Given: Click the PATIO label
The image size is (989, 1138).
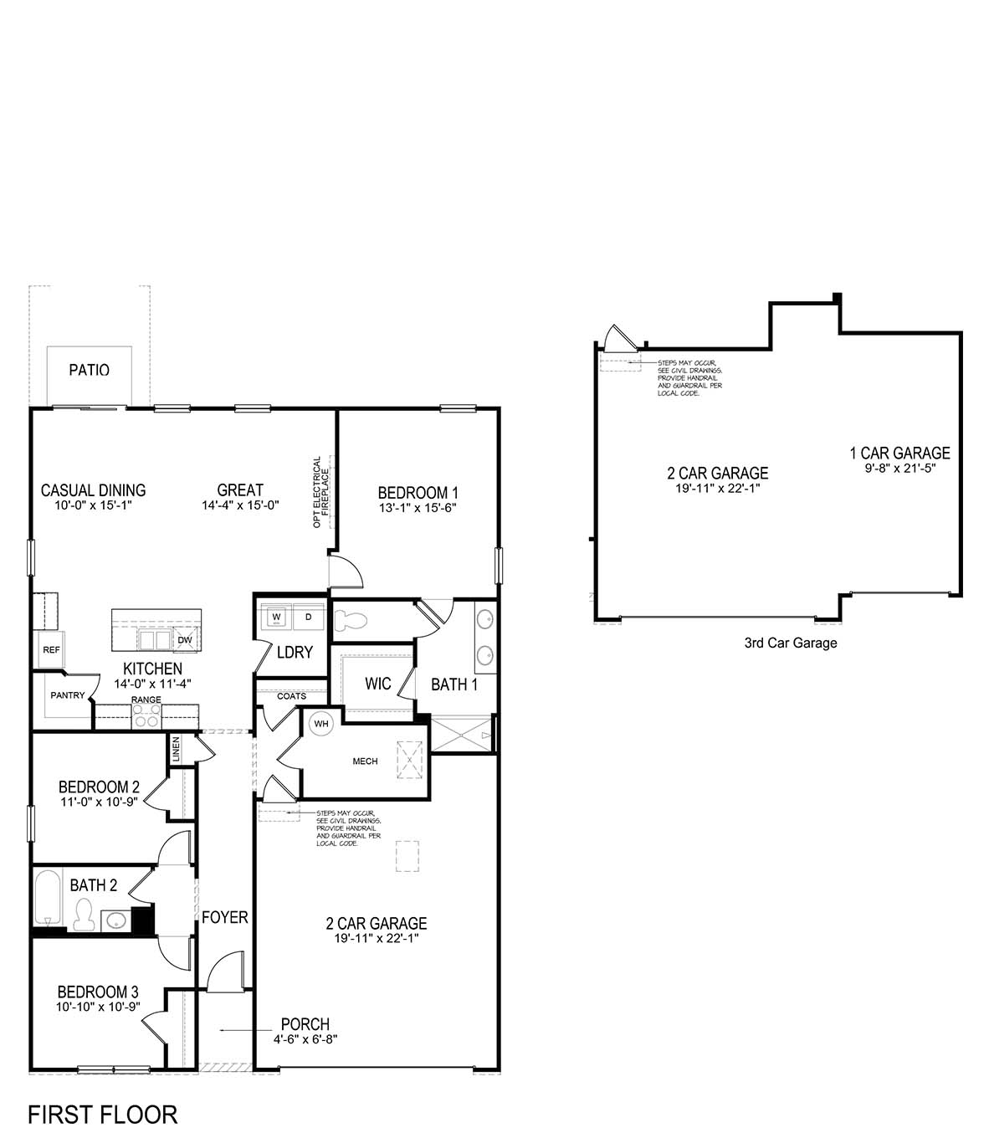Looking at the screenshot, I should (89, 370).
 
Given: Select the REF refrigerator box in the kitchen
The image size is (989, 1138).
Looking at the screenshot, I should (51, 650).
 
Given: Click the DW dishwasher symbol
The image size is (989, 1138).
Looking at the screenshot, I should (185, 640).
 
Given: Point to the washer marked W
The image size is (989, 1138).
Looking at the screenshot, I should (275, 618).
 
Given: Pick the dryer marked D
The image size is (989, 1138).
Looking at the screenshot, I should (308, 618).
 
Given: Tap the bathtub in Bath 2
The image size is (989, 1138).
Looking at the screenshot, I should (49, 898).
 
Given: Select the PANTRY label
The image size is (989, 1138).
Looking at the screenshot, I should (67, 695).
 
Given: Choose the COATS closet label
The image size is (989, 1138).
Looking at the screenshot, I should (291, 696).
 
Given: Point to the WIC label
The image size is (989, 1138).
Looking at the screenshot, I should (377, 684).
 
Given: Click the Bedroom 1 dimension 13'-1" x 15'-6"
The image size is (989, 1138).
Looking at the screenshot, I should (418, 508).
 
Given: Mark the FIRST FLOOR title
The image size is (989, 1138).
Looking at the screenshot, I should (102, 1115).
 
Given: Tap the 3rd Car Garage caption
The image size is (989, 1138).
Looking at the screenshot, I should (790, 643).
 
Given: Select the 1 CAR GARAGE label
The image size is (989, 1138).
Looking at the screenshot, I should (899, 454).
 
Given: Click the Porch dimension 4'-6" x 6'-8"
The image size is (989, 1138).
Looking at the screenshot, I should (305, 1039).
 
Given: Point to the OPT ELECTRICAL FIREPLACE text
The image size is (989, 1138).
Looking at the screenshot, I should (322, 492).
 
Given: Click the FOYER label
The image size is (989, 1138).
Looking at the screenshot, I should (224, 918).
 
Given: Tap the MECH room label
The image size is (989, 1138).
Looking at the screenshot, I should (365, 761).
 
